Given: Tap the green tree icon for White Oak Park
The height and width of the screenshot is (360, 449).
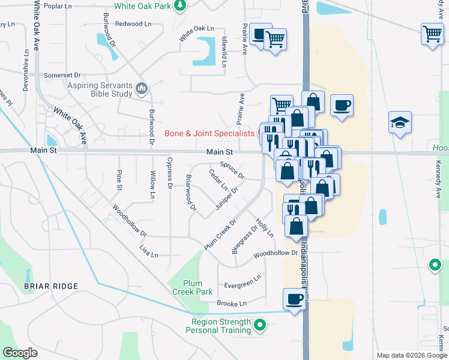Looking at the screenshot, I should click(x=179, y=6).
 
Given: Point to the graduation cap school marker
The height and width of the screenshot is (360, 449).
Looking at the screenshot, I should click(x=400, y=122).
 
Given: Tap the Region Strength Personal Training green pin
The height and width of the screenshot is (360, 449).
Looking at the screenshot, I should click(x=259, y=326).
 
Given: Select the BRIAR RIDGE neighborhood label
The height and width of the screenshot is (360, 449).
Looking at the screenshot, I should click(x=51, y=286).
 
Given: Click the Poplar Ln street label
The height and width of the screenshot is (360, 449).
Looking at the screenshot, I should click(x=58, y=6).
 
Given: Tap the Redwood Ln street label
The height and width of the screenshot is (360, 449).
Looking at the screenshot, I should click(x=133, y=24).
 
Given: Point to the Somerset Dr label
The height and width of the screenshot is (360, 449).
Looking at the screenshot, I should click(x=62, y=75).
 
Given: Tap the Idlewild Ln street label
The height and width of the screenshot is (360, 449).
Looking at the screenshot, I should click(x=224, y=46).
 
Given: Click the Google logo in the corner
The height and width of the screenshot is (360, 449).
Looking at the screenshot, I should click(x=20, y=353).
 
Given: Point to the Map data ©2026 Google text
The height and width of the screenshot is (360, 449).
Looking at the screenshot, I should click(x=411, y=355).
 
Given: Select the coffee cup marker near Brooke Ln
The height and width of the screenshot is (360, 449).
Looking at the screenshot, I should click(x=294, y=299).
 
